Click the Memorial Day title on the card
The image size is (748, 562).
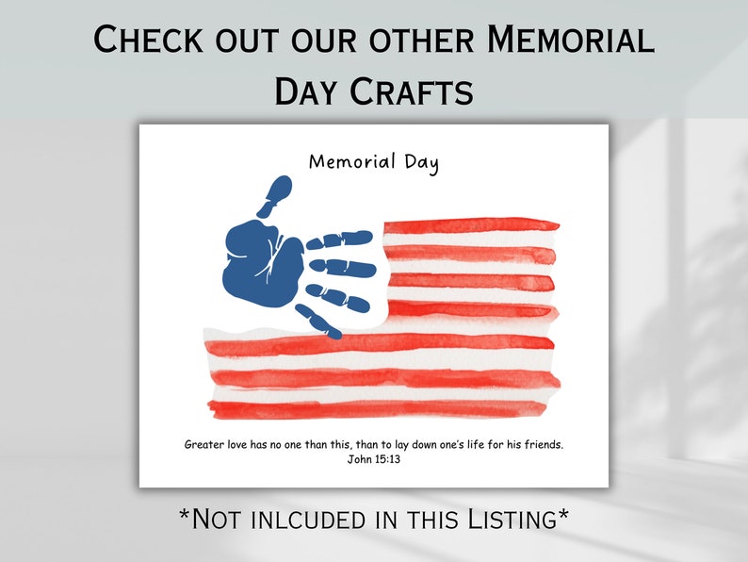point(374,161)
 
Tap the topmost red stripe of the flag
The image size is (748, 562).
point(471,225)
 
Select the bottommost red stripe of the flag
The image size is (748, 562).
point(377,409)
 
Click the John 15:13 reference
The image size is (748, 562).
point(374,460)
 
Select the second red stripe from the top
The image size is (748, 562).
point(471,254)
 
